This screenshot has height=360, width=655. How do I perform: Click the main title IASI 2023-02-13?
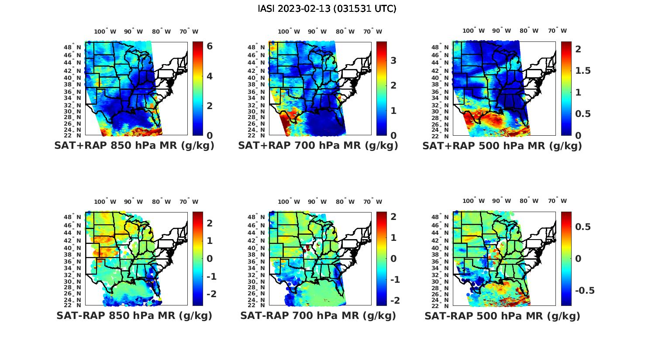click(327, 9)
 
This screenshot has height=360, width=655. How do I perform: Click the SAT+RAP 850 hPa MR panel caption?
click(134, 146)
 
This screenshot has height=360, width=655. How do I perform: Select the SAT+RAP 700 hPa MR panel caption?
click(318, 146)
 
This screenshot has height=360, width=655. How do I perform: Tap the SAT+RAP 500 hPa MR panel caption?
click(502, 146)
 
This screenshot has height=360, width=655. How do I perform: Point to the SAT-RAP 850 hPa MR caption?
click(134, 315)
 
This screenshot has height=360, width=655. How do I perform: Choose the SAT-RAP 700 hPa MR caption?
click(318, 315)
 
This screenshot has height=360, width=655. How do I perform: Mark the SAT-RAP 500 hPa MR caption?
click(502, 315)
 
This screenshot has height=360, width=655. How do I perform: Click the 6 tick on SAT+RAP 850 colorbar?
click(210, 46)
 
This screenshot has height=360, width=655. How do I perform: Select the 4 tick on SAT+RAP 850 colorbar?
click(210, 76)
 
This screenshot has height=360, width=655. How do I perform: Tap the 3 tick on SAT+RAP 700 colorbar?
click(393, 60)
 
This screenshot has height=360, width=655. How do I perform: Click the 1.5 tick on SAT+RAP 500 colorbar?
click(583, 71)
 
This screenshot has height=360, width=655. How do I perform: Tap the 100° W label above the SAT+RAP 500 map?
click(473, 31)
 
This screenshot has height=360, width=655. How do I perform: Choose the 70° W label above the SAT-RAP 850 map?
click(189, 202)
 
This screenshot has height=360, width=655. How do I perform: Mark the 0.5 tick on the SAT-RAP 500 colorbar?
click(583, 226)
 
